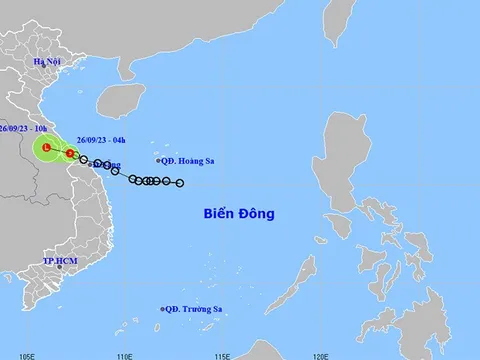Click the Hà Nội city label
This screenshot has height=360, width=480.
point(48,62)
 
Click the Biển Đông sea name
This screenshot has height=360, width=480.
point(239,214)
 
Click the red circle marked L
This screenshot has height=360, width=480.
point(46,149)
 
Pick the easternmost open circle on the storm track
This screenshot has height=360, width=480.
point(180,183)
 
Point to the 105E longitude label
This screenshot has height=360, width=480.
point(29,354)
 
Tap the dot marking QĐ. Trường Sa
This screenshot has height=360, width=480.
point(162,308)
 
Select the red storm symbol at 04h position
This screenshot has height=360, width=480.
point(70,154)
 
